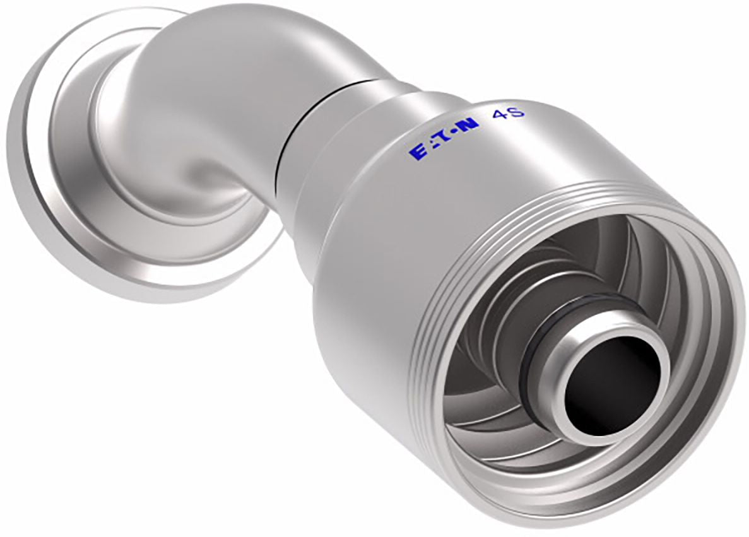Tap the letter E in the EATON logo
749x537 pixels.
pos(416,150)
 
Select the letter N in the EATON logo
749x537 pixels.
pos(469,126)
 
